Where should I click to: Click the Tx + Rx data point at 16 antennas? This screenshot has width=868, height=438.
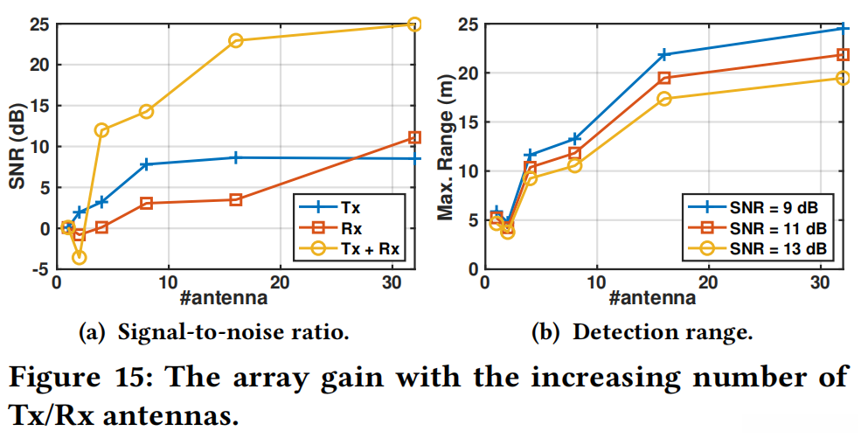(x=235, y=40)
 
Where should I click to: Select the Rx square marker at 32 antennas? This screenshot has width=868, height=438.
(x=414, y=137)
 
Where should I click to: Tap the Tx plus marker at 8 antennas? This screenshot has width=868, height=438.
(x=146, y=163)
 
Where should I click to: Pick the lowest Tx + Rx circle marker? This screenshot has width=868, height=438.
(x=80, y=257)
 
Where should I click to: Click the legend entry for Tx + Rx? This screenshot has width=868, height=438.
(x=365, y=248)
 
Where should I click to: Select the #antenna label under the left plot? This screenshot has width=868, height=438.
(x=223, y=299)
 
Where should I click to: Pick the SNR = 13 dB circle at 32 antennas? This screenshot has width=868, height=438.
(x=843, y=78)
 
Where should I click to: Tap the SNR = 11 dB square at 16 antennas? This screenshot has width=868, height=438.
(x=663, y=78)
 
